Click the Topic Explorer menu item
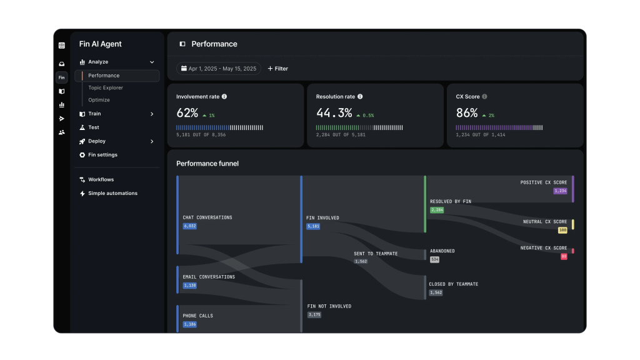tap(105, 87)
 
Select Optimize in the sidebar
tap(99, 100)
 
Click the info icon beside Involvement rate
tap(224, 97)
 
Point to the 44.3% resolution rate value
tap(334, 112)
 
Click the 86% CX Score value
tap(466, 112)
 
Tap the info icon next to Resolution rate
tap(360, 97)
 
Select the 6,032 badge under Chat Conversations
tap(190, 226)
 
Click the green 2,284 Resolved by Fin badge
tap(437, 210)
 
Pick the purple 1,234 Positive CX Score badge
tap(561, 191)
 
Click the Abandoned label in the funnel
tap(442, 251)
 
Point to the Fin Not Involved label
tap(329, 306)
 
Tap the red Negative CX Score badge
tap(564, 256)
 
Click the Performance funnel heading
tap(207, 164)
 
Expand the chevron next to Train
tap(152, 114)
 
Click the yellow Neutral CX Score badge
tap(562, 230)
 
